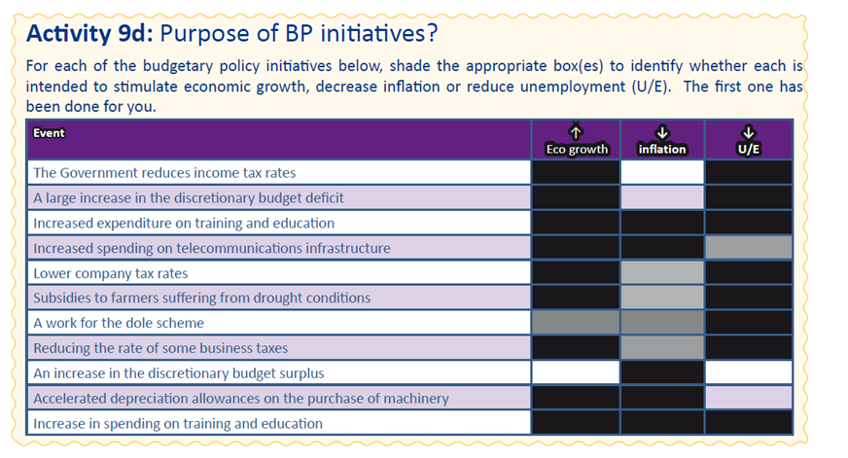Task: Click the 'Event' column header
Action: [49, 133]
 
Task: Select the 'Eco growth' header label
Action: [577, 149]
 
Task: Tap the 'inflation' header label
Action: [662, 149]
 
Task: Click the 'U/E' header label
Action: [749, 149]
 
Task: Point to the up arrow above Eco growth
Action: [576, 132]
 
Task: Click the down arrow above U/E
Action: [749, 132]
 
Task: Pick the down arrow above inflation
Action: [662, 132]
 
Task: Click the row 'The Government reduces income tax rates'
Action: [164, 173]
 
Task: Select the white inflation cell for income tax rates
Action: [662, 172]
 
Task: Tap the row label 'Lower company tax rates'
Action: [110, 273]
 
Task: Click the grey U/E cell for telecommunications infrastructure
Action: [749, 248]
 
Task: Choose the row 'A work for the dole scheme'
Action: [119, 324]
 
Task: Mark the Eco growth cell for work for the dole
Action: [576, 323]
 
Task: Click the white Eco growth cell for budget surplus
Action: [576, 372]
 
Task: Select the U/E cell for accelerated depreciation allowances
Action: [749, 398]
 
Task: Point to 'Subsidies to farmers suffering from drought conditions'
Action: [201, 299]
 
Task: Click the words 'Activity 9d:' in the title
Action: [89, 33]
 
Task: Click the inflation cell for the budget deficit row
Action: [662, 197]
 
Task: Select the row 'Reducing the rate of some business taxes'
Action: [160, 348]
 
